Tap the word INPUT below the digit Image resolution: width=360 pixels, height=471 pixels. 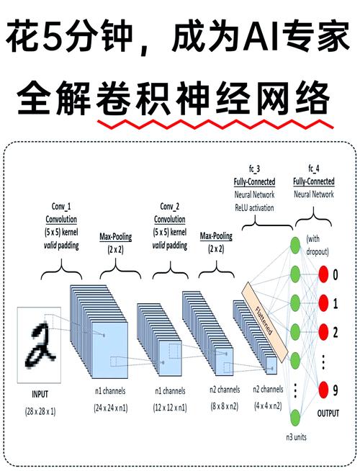point(42,395)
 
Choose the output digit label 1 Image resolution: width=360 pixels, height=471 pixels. point(344,304)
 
